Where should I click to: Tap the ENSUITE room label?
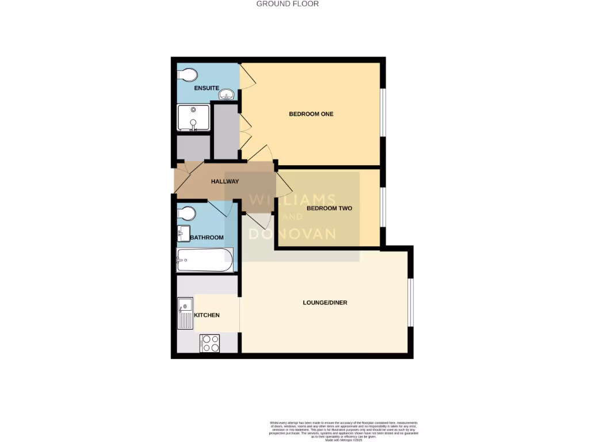206,88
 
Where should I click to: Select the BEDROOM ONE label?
311,114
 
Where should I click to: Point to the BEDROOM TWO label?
329,208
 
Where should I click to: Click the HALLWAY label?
225,182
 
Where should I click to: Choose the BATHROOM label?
207,237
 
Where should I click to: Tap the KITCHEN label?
207,315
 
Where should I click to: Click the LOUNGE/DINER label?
325,303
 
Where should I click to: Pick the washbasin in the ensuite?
228,95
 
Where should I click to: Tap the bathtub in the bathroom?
205,260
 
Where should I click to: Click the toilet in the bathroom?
187,214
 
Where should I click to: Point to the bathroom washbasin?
183,233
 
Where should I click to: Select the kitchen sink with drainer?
185,313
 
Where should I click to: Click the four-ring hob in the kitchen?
210,344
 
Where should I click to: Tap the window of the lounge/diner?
411,303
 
